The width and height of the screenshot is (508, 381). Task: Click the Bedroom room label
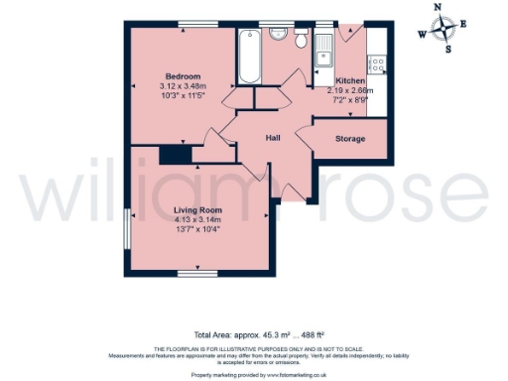click(x=184, y=76)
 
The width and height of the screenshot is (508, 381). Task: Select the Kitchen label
click(x=350, y=80)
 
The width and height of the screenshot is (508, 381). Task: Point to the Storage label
click(x=348, y=139)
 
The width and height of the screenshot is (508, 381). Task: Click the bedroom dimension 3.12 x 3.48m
click(x=184, y=86)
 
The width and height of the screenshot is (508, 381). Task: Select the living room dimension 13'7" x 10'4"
click(x=197, y=230)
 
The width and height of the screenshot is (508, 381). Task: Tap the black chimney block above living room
click(x=176, y=155)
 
